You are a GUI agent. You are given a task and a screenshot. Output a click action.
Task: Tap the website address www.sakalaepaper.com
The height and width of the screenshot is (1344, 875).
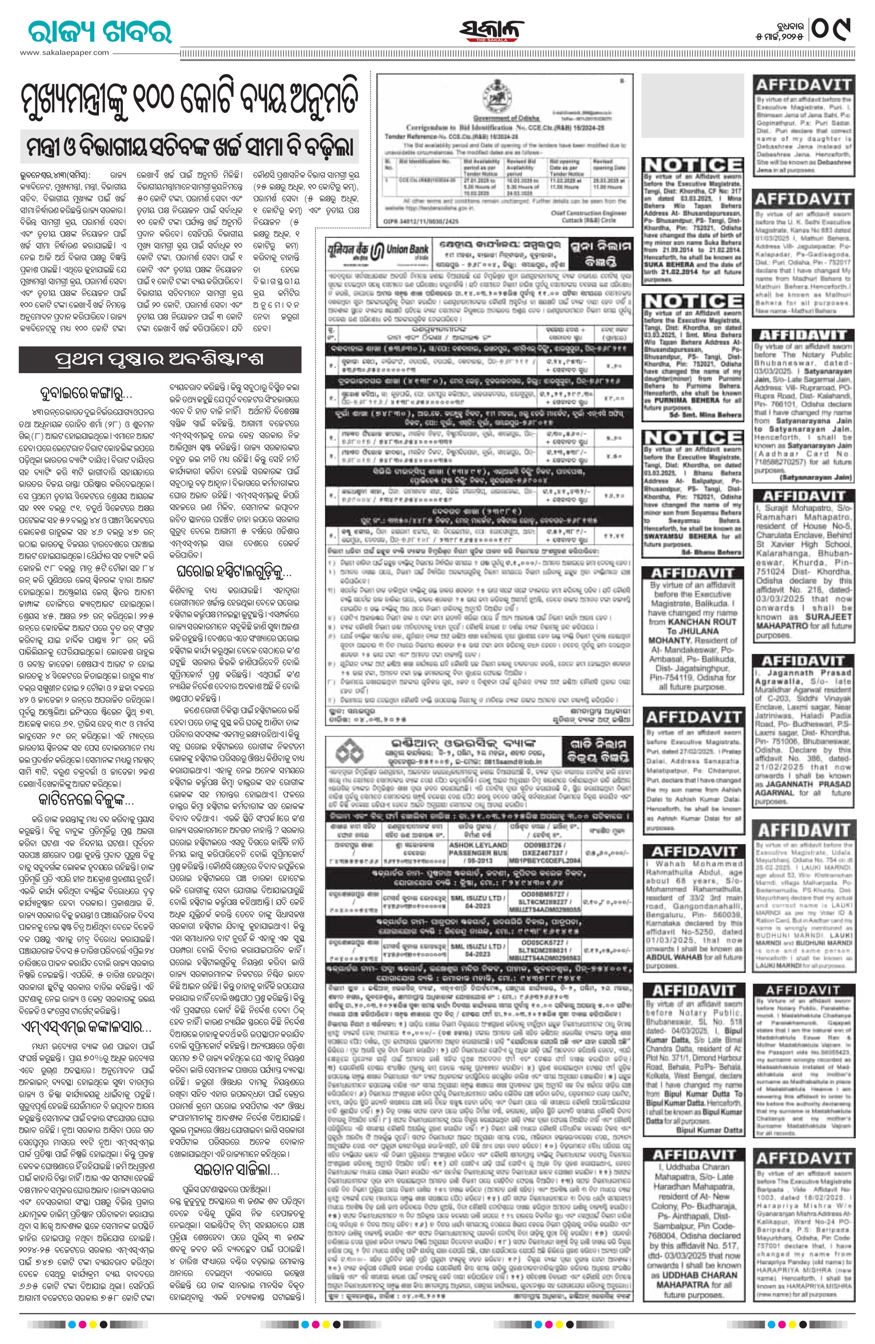65,52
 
